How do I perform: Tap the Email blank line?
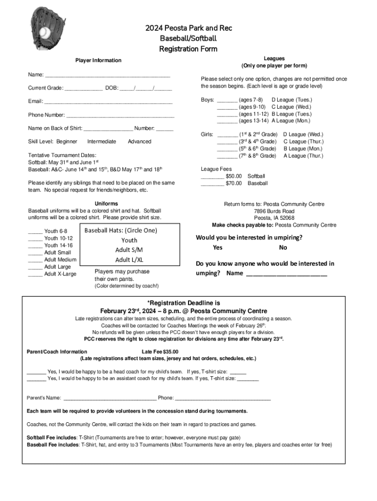(x=108, y=102)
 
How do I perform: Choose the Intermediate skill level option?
(x=101, y=142)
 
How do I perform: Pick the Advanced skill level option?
(x=140, y=142)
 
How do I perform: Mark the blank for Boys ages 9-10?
(x=227, y=107)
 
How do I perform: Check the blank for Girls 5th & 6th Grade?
(x=227, y=149)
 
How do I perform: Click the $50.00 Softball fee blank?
(x=212, y=176)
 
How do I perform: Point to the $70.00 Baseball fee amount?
(x=234, y=183)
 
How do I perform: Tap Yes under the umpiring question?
(x=217, y=248)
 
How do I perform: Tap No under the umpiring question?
(x=283, y=248)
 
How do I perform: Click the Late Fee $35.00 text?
(x=160, y=352)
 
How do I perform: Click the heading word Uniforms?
(x=106, y=204)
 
